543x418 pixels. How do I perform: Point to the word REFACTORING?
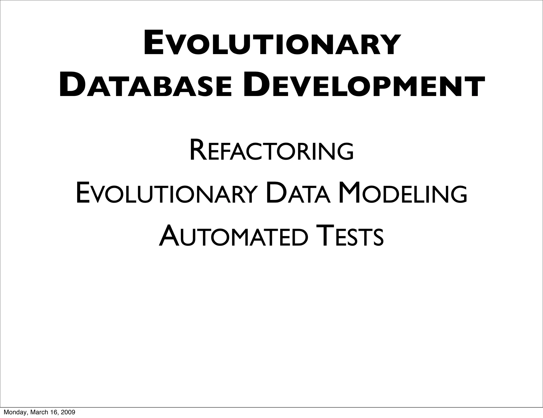pos(271,152)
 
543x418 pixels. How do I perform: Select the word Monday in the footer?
pos(13,412)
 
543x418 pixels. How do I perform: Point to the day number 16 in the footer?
pos(54,412)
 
